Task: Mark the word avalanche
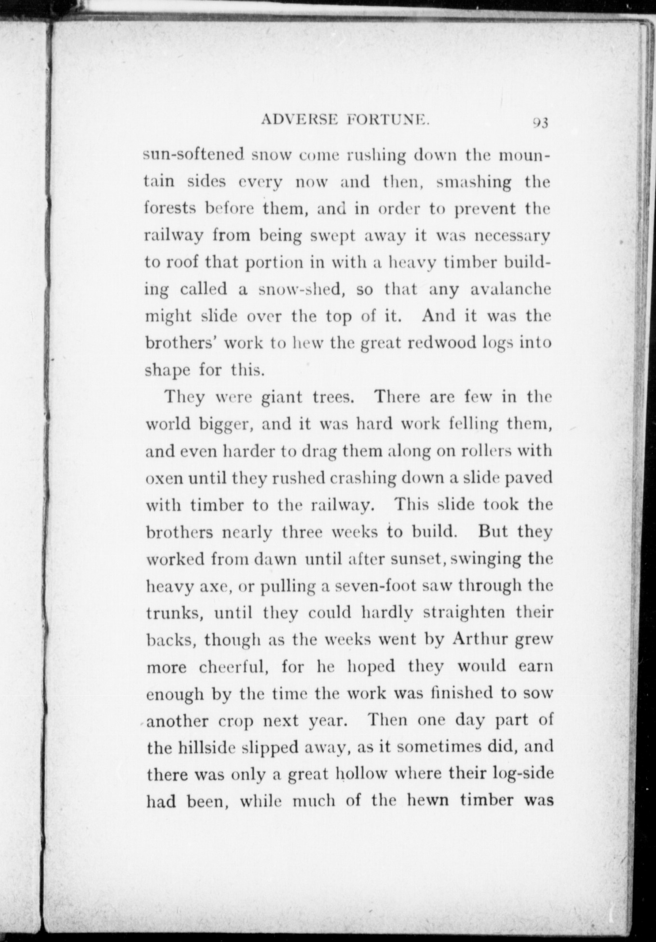pyautogui.click(x=511, y=290)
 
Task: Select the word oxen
pyautogui.click(x=164, y=479)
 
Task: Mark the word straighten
pyautogui.click(x=465, y=613)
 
